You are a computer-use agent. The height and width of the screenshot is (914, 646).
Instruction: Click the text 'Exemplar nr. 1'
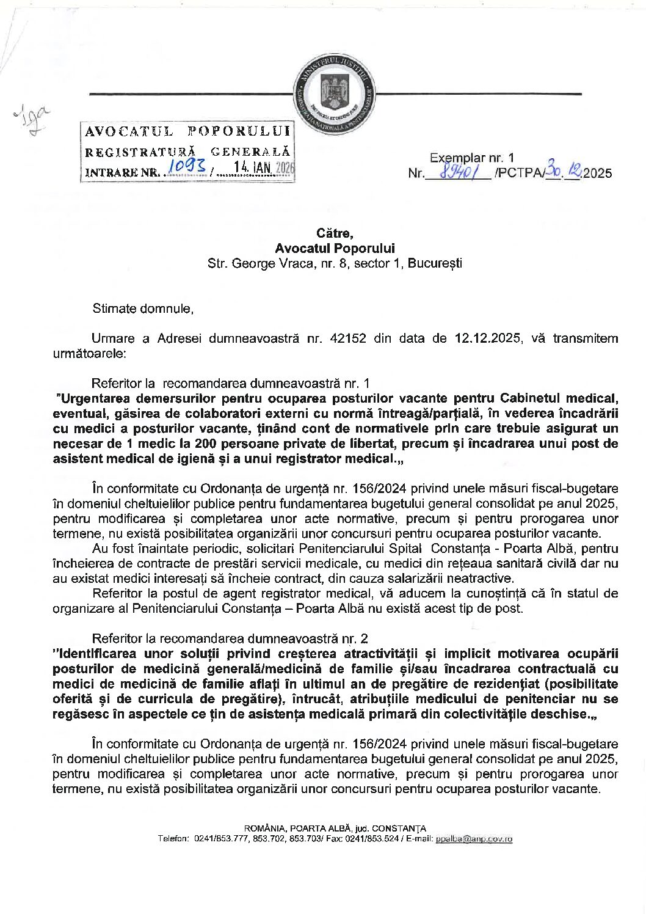coord(473,158)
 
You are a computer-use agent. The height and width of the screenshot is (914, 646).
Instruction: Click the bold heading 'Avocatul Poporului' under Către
coord(335,248)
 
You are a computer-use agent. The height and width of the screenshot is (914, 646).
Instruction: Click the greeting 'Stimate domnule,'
coord(143,309)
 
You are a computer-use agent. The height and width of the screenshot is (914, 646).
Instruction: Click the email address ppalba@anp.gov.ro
coord(474,839)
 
